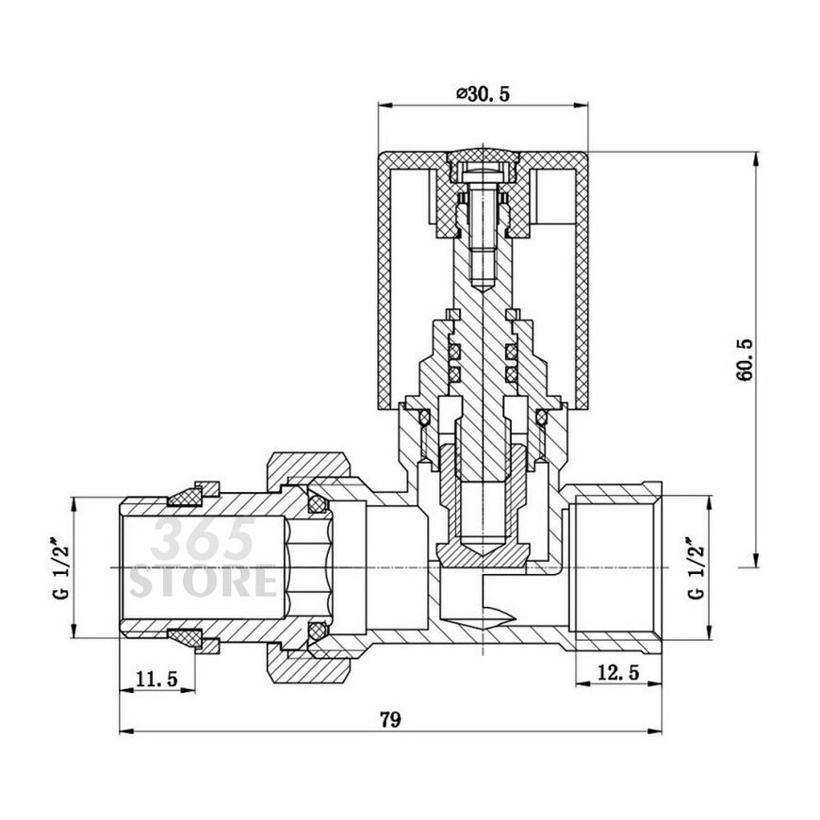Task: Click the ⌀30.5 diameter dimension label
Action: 483,94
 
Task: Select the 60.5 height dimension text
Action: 746,360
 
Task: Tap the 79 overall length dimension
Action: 390,719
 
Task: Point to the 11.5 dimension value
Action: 156,679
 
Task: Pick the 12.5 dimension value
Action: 618,672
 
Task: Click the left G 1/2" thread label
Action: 60,567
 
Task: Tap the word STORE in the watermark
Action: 203,581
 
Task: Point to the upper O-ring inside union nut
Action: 317,503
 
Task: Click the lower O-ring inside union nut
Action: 317,631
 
